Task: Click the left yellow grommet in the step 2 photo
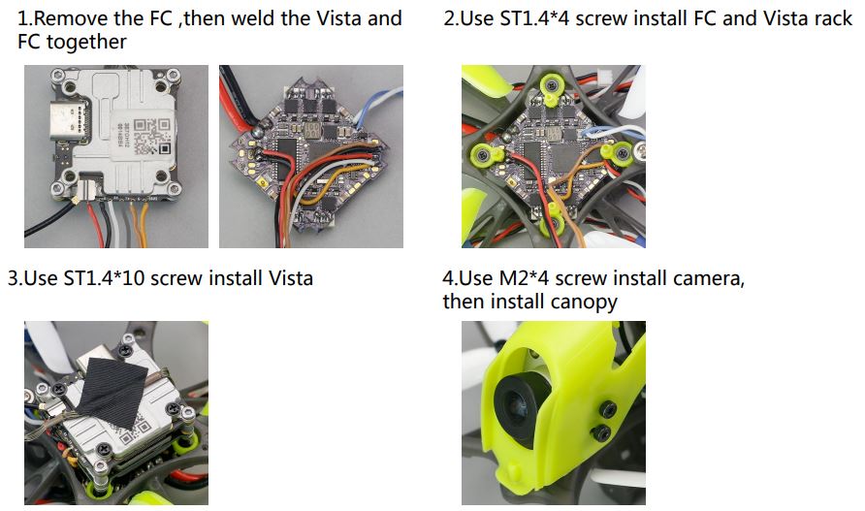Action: point(482,152)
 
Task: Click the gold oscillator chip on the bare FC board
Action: point(311,130)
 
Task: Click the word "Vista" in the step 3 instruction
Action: point(285,278)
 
